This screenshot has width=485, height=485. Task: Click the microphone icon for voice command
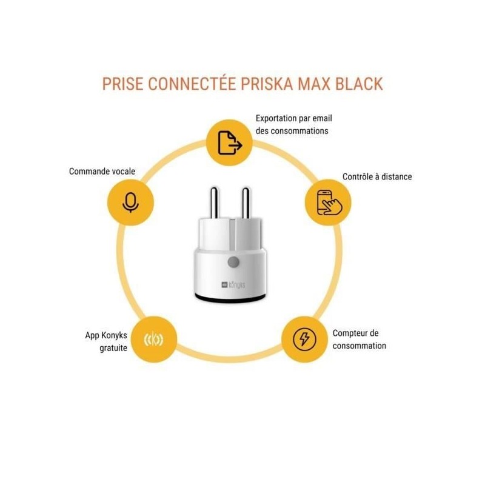coord(130,202)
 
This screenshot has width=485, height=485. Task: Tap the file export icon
coord(230,142)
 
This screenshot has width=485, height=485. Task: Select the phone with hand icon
coord(329,202)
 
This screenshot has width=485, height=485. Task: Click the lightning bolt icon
coord(305,339)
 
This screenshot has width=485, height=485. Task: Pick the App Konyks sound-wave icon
coord(154,339)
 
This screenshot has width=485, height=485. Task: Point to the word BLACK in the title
coord(359,84)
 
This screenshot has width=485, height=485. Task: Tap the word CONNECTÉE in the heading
coord(192,84)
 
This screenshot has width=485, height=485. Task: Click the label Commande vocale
coord(102,172)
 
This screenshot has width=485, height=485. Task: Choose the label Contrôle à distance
coord(377,176)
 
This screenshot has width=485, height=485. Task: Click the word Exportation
coord(276,118)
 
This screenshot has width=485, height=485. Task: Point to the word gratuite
coord(113,348)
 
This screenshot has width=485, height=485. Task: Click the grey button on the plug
coord(233,263)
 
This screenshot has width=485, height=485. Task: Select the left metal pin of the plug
coord(214,202)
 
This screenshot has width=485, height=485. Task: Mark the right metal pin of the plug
coord(246,202)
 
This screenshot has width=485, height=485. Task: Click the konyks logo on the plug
coord(233,284)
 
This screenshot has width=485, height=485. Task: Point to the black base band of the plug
coord(230,298)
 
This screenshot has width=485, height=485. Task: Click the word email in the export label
coord(322,118)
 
